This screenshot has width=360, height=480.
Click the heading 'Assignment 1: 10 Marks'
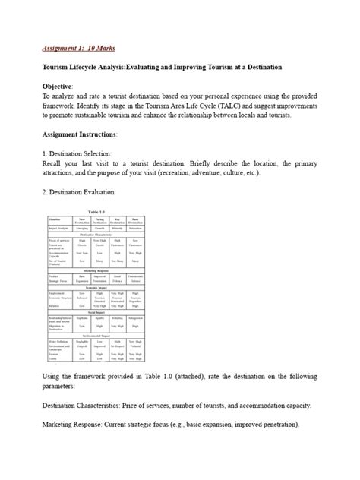78,48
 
